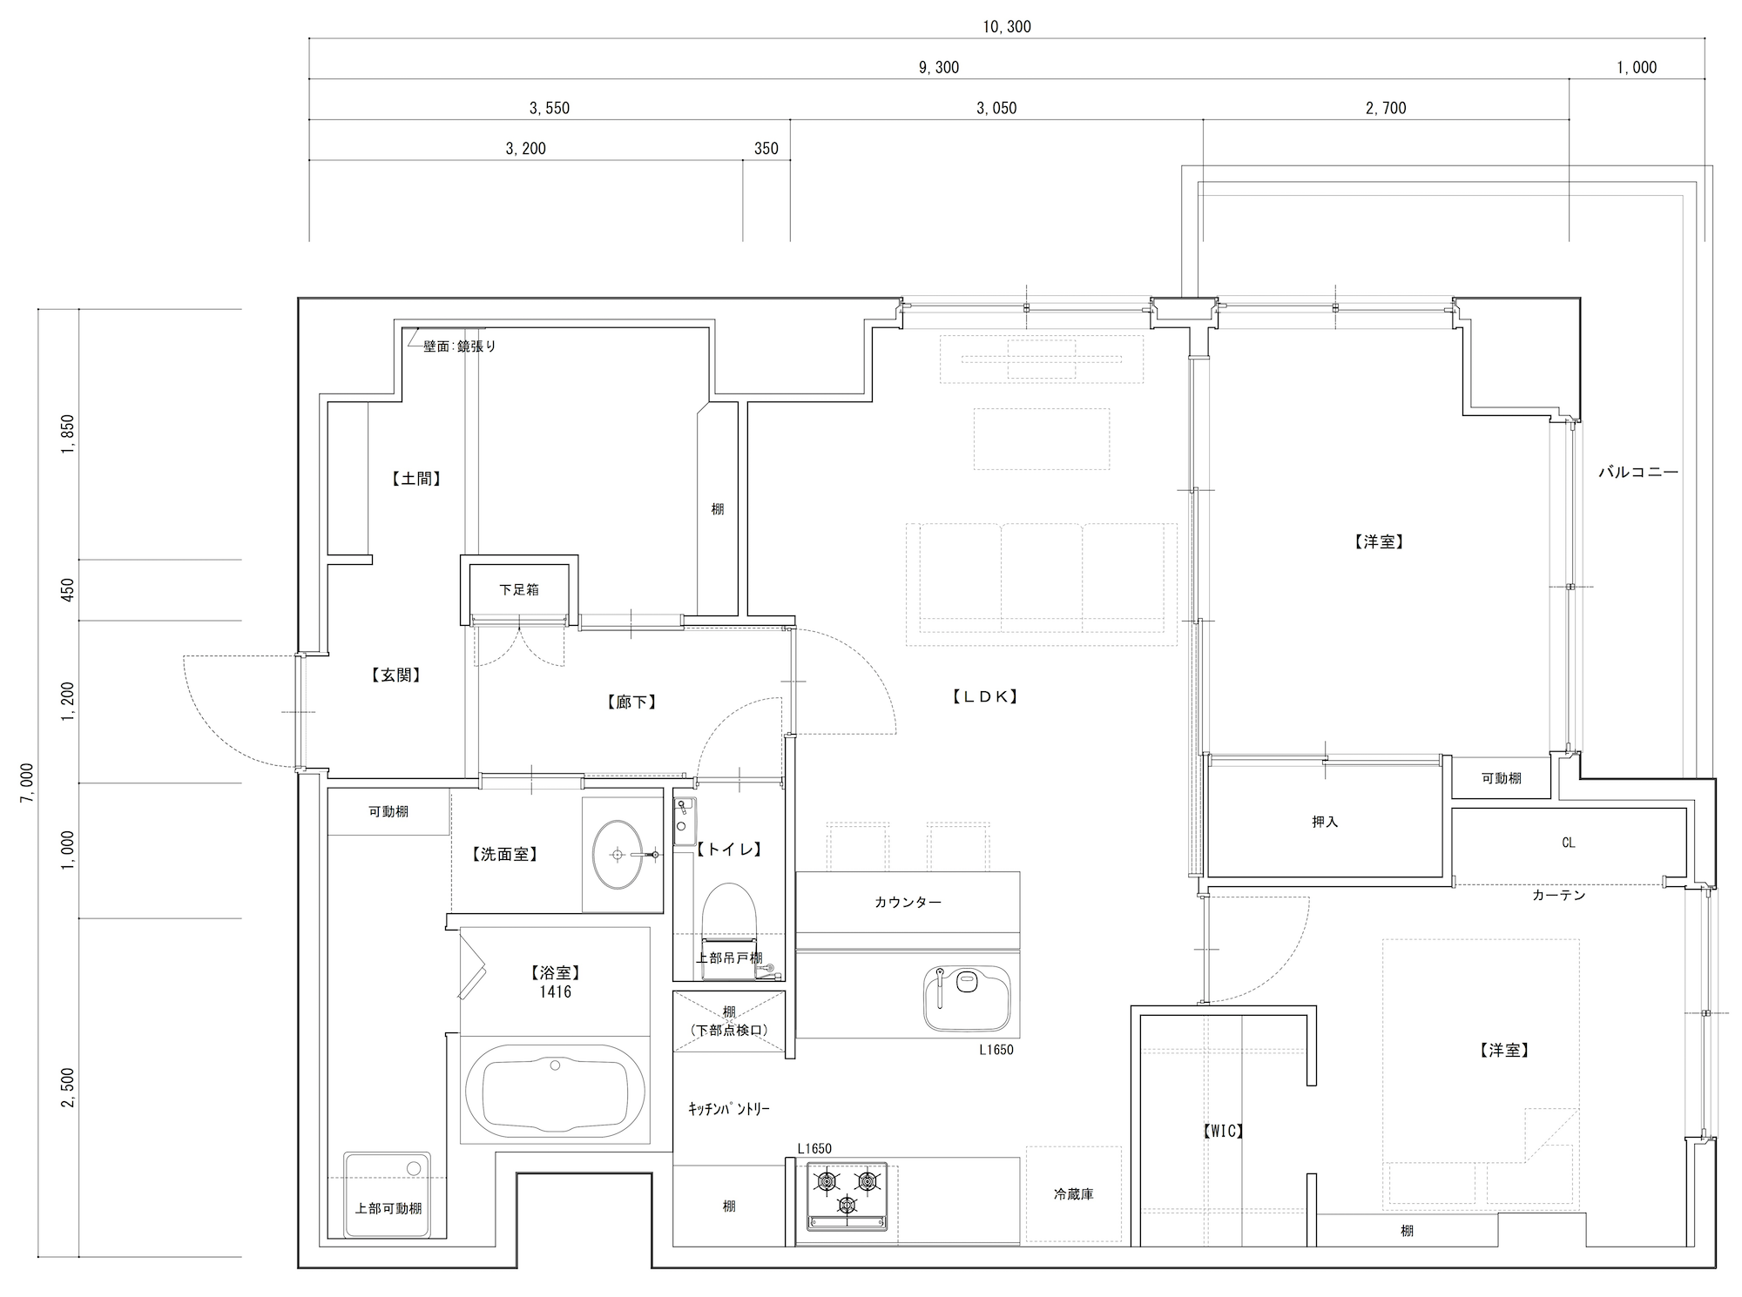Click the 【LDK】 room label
click(983, 696)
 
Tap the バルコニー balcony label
click(1637, 473)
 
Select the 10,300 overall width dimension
click(1007, 27)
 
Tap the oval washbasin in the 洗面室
click(618, 854)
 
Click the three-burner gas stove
click(847, 1196)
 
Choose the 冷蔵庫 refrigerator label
click(1073, 1194)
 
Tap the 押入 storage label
click(1324, 822)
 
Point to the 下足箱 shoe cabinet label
click(519, 589)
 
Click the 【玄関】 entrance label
click(395, 675)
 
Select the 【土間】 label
click(415, 478)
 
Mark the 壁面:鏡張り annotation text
click(460, 346)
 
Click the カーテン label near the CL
click(1559, 895)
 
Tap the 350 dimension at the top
click(766, 149)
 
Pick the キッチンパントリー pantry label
click(729, 1109)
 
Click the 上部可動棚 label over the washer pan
click(388, 1208)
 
